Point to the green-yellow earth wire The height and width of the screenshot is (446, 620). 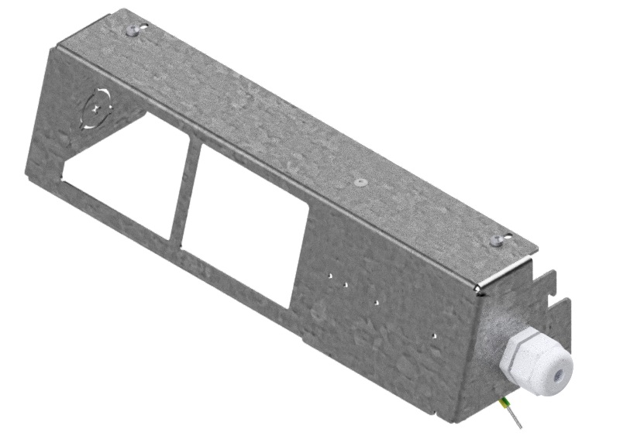[507, 405]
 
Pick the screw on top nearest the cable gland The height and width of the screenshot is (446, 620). [497, 242]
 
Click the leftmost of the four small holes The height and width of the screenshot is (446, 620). [329, 273]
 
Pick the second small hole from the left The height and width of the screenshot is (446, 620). [345, 284]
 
